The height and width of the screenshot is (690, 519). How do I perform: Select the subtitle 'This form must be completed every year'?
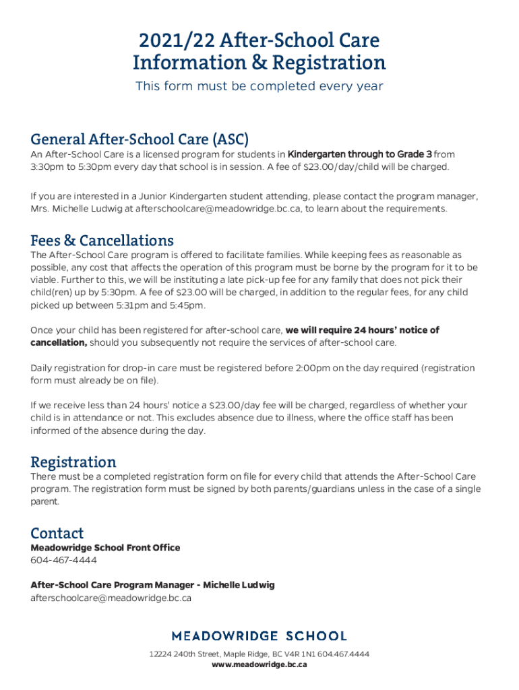tap(259, 86)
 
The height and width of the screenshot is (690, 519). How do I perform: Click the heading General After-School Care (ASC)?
tap(140, 139)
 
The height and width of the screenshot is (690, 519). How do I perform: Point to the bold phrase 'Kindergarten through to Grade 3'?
tap(359, 154)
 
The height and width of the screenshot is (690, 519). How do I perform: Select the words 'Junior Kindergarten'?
tap(156, 196)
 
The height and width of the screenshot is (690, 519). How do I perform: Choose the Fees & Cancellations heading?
tap(102, 241)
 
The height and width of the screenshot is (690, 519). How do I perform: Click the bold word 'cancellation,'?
tap(59, 342)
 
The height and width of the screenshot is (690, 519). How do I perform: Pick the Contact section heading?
tap(57, 534)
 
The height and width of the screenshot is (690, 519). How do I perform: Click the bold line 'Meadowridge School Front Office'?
tap(105, 548)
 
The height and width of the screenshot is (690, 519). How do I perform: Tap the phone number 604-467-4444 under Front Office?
tap(63, 561)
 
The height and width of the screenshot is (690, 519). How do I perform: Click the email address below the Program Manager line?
tap(111, 598)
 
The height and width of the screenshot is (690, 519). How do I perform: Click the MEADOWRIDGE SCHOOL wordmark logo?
tap(259, 635)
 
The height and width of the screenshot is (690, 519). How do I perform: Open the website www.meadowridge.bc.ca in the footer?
tap(259, 664)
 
